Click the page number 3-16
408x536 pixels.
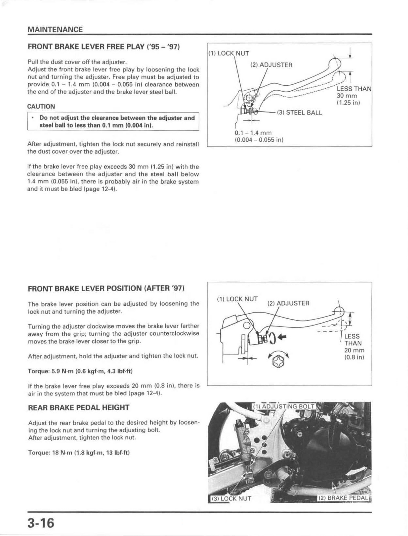[x=41, y=523]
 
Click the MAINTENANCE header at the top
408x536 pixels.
[x=55, y=29]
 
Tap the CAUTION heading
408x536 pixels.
[x=41, y=106]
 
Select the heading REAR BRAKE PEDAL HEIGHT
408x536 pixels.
[x=79, y=407]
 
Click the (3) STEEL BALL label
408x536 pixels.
[x=299, y=113]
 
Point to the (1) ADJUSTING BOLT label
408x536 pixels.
[x=283, y=406]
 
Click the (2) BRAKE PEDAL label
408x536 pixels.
[x=343, y=498]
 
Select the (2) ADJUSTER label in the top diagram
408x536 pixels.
[x=271, y=65]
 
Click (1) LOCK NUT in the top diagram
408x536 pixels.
[x=229, y=53]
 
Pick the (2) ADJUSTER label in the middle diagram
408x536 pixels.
[x=288, y=303]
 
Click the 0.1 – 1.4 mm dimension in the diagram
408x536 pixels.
[x=253, y=133]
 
